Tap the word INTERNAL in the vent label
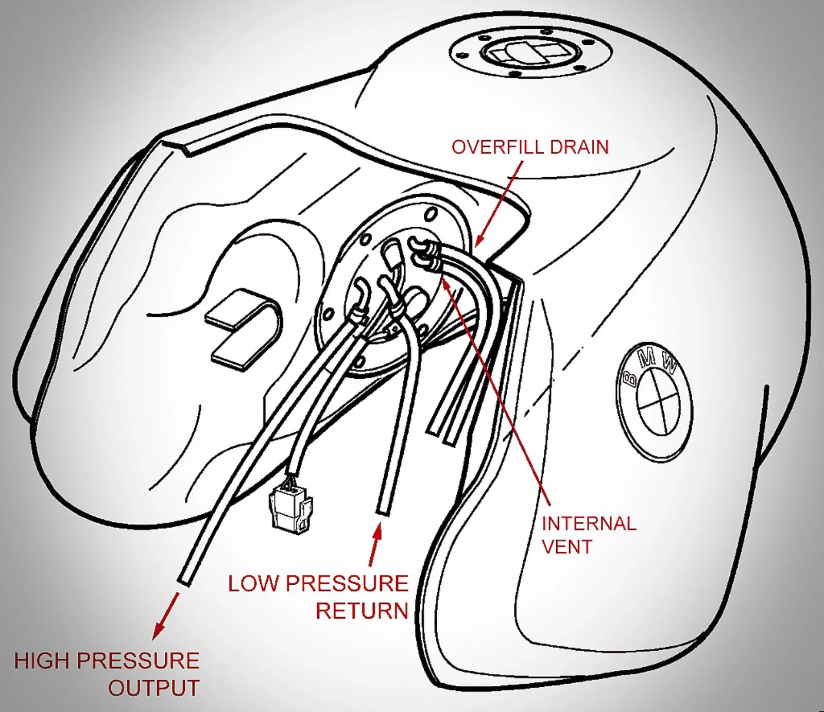[x=589, y=524]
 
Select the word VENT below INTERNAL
[x=567, y=547]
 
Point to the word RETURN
[x=362, y=611]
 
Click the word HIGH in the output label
[x=41, y=661]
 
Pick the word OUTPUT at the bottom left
[x=153, y=688]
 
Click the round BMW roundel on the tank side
[x=654, y=401]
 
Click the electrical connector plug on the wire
[x=290, y=508]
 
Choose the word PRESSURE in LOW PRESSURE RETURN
[x=347, y=584]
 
